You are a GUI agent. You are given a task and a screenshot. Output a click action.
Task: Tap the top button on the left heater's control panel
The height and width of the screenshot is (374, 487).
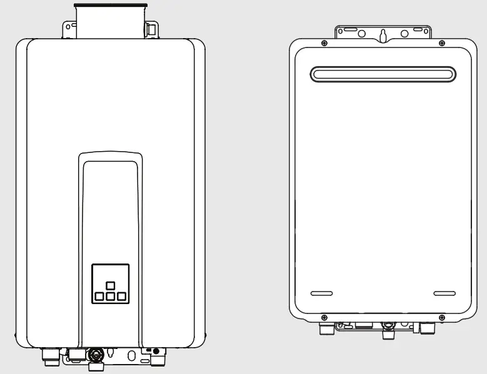pos(110,285)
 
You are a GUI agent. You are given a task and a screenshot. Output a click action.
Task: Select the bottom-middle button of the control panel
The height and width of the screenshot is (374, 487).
pos(110,296)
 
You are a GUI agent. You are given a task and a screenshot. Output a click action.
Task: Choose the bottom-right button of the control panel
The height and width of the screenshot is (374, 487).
pos(121,296)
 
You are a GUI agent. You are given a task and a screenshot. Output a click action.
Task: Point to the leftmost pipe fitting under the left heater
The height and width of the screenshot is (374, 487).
pos(48,358)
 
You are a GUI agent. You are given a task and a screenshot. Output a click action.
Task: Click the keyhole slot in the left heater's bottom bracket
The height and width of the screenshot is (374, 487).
pos(111,354)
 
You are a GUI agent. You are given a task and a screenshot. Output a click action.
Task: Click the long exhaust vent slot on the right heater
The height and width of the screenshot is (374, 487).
pos(383,74)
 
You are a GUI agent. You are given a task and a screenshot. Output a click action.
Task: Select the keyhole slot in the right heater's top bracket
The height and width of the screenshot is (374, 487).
pos(382,35)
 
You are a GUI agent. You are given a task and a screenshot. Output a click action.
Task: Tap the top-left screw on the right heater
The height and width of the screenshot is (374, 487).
pos(324,42)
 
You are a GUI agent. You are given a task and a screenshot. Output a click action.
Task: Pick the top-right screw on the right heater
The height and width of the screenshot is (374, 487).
pos(442,42)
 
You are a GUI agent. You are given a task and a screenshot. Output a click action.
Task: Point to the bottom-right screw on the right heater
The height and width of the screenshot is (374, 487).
pos(441,317)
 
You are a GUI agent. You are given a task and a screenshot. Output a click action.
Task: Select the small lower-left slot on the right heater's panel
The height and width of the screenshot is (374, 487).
pos(322,293)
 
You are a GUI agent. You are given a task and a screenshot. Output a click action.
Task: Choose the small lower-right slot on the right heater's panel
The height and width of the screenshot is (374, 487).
pos(444,293)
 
